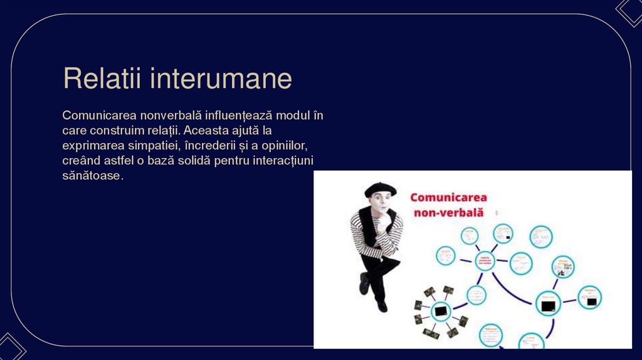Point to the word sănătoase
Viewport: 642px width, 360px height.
(x=93, y=176)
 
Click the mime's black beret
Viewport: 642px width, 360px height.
(x=380, y=188)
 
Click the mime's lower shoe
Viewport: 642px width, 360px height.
(x=382, y=305)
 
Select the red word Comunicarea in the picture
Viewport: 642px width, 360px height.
(x=448, y=197)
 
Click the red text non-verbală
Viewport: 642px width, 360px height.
(x=448, y=213)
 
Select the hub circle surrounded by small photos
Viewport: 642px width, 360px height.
(x=441, y=309)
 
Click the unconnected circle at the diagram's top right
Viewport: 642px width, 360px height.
(x=540, y=237)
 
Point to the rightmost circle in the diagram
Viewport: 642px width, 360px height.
(x=589, y=297)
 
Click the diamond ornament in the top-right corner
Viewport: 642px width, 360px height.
(x=629, y=11)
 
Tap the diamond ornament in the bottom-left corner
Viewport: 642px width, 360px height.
(x=11, y=348)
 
